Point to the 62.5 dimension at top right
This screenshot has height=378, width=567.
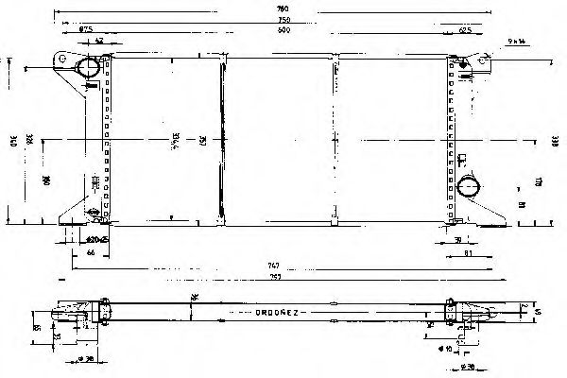[465, 30]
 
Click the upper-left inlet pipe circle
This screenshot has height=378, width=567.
[89, 69]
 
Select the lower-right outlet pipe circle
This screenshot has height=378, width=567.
[468, 186]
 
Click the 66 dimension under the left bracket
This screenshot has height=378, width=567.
[92, 252]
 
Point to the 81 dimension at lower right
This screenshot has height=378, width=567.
[468, 252]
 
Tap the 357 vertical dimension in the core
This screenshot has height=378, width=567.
[202, 142]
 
